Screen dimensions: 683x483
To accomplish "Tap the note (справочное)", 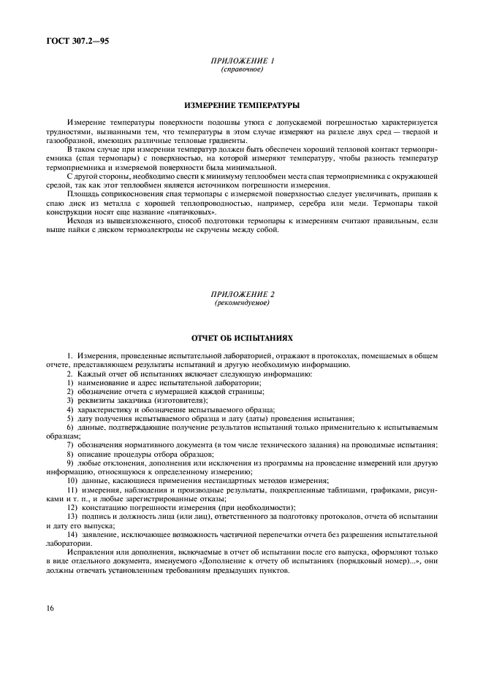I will [241, 69].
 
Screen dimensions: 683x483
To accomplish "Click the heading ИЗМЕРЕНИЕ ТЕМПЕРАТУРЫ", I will [241, 105].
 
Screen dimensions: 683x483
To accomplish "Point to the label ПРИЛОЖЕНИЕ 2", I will [241, 293].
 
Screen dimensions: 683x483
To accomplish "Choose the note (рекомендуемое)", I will [241, 301].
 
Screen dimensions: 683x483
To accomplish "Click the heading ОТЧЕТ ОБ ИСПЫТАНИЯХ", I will [241, 339].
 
